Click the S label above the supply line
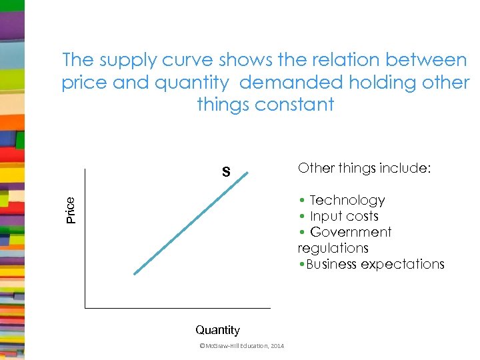pyautogui.click(x=226, y=173)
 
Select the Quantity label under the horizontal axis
pyautogui.click(x=217, y=330)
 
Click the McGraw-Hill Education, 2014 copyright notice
pyautogui.click(x=241, y=345)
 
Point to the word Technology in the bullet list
pyautogui.click(x=347, y=200)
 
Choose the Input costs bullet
pyautogui.click(x=344, y=216)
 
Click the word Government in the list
pyautogui.click(x=351, y=232)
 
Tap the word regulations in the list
pyautogui.click(x=333, y=248)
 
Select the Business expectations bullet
pyautogui.click(x=371, y=264)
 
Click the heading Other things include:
pyautogui.click(x=364, y=168)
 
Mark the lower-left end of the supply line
pyautogui.click(x=135, y=273)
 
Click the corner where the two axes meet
pyautogui.click(x=85, y=308)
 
